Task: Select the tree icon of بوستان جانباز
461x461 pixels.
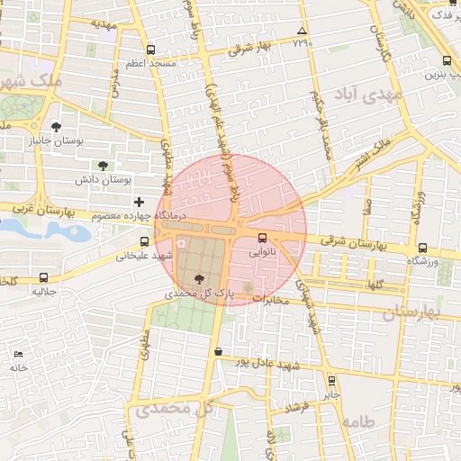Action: [x=57, y=128]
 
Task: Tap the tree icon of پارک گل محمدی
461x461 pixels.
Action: [x=198, y=279]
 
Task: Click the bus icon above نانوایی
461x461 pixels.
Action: [x=262, y=239]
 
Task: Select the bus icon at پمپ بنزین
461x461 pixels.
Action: [x=447, y=61]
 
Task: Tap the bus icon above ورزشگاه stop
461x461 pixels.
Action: [x=422, y=248]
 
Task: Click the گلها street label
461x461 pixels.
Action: [x=373, y=284]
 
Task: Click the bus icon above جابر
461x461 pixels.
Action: [x=331, y=380]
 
